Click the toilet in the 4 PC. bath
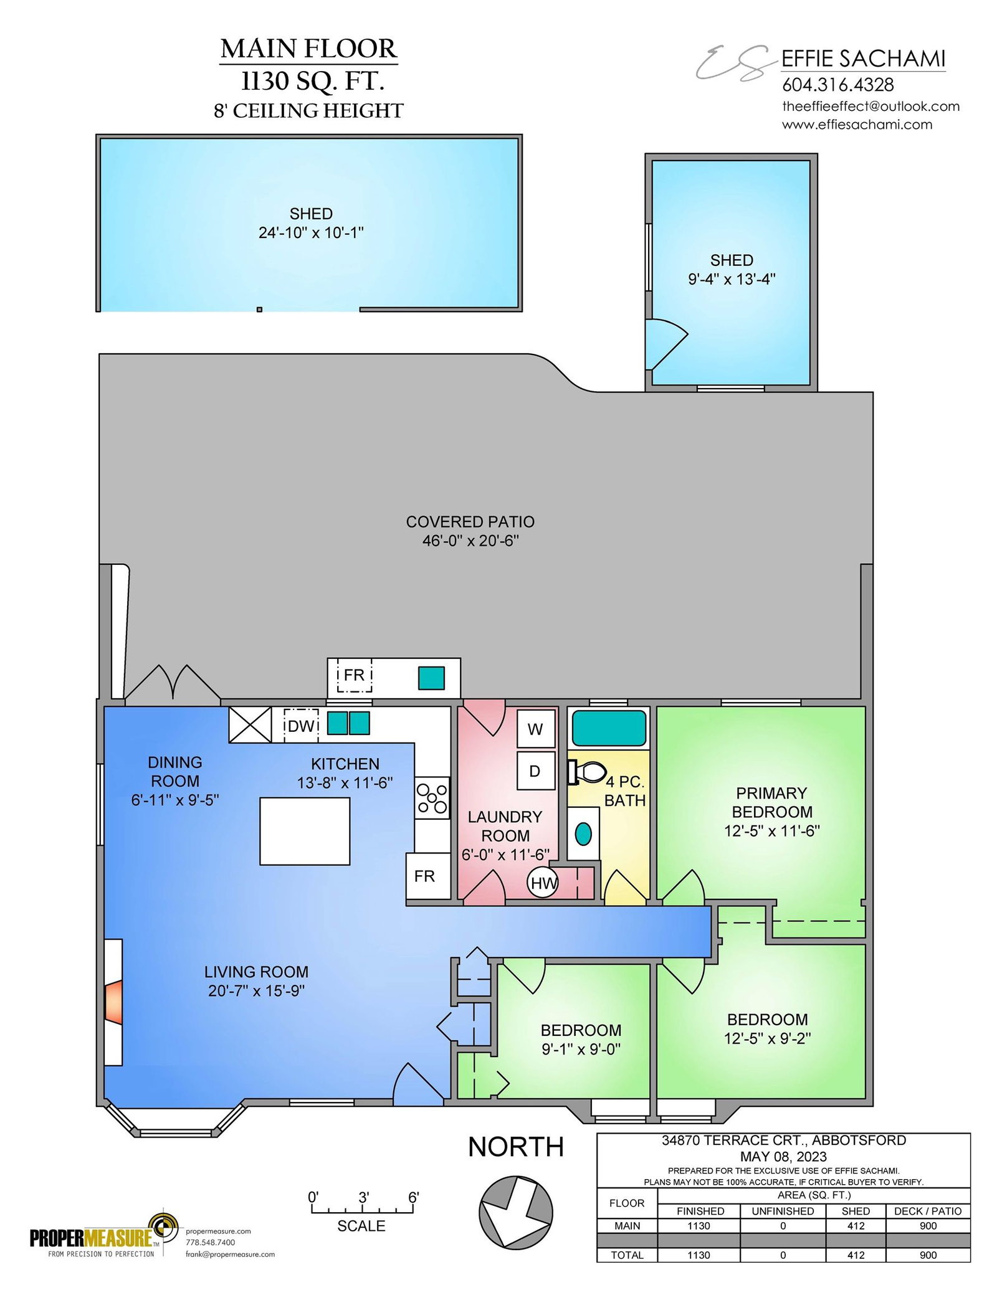click(586, 772)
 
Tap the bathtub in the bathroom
click(609, 728)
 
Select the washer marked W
click(536, 729)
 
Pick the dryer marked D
click(536, 771)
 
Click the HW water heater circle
click(543, 882)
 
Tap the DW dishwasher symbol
click(302, 726)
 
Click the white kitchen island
click(305, 831)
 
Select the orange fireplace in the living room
click(113, 1002)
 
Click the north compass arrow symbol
click(516, 1212)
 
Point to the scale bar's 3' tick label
click(363, 1197)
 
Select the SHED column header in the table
click(856, 1211)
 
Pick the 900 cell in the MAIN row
click(928, 1226)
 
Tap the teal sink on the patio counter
click(431, 678)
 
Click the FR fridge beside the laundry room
click(428, 876)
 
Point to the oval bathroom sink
click(583, 834)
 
